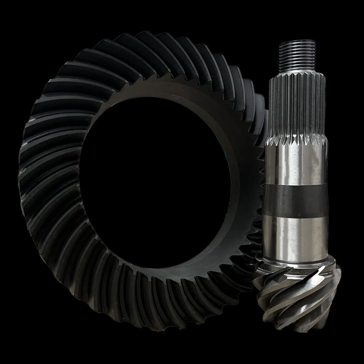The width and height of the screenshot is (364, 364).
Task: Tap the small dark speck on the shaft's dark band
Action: (x=299, y=216)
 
